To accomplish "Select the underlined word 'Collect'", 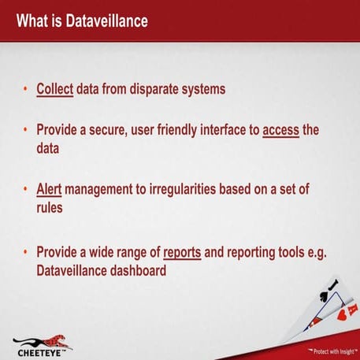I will tap(55, 89).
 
